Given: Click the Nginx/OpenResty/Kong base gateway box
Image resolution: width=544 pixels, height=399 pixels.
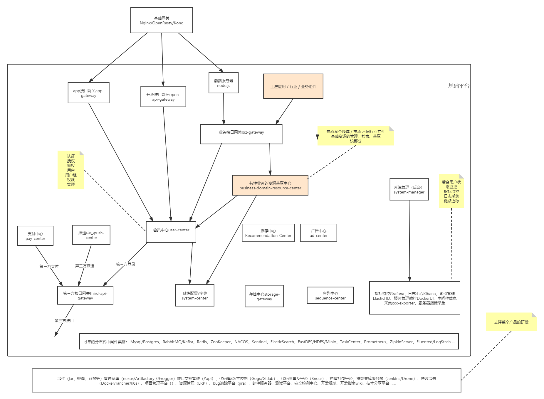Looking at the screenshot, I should point(162,20).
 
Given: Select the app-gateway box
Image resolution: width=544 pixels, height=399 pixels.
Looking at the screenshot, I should point(88,93).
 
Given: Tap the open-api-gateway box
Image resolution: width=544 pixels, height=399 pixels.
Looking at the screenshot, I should point(163,97).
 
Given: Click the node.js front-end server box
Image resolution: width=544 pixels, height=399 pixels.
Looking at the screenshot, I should point(224,83).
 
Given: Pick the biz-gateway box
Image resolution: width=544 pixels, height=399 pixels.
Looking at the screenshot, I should point(241,134).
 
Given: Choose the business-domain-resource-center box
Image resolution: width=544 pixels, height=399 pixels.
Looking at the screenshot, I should point(270,186).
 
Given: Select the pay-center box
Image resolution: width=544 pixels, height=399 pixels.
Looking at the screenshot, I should point(35,236).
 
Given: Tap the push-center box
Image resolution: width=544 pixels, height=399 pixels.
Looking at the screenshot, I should point(91,235).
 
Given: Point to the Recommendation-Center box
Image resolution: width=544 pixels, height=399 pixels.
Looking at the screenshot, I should point(268,233).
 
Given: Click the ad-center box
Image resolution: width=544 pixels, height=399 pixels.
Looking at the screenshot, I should point(318,233).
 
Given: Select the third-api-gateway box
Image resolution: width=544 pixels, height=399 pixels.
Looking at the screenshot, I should point(85,296).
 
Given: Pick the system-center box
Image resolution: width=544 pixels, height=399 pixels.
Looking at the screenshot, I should point(195,295).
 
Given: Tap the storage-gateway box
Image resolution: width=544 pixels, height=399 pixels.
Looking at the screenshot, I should point(264,296).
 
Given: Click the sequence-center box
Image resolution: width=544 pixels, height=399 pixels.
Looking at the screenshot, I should point(330,295).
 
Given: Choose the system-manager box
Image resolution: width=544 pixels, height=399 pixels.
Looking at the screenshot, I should point(409,189).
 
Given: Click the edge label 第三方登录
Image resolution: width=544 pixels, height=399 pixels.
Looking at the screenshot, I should point(126,264).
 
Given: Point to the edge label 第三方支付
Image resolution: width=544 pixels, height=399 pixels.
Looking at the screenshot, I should point(49,266).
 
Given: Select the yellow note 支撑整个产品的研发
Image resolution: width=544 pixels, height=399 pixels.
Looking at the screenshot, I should point(511,322).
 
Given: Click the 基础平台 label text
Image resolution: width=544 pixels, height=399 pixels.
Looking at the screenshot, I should point(459,86).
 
